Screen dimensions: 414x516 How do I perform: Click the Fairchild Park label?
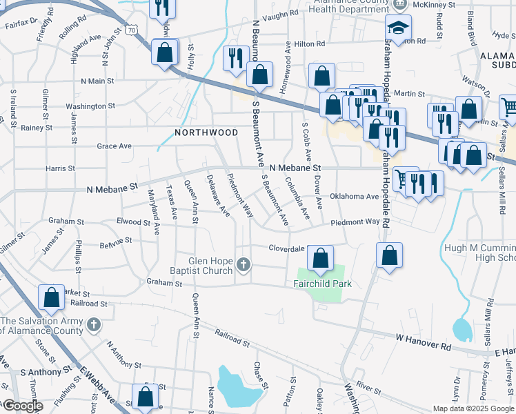coord(322,284)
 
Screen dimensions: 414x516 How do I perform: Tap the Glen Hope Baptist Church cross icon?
coord(243,264)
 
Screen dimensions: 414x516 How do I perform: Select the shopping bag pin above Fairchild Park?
coord(320,259)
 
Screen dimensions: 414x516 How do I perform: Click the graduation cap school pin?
coord(398,28)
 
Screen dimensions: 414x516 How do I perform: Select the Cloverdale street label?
coord(286,248)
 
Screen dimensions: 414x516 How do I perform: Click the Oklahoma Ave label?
coord(355,196)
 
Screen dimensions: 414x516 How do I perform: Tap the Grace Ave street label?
coord(114,146)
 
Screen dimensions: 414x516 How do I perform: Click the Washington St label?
coord(90,106)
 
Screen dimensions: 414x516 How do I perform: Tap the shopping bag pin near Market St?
coord(52,298)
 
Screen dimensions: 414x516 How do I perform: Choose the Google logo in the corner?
coord(22,406)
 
